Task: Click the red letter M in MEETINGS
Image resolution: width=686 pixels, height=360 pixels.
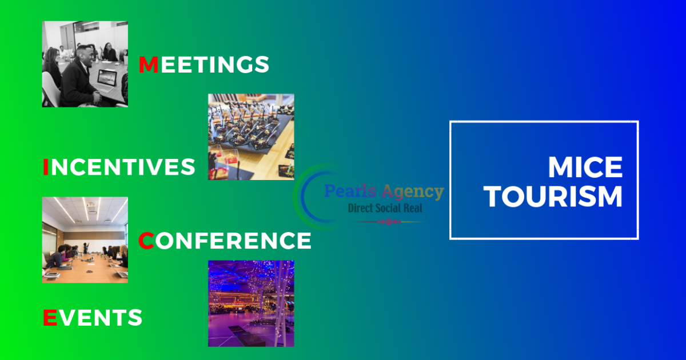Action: click(x=149, y=65)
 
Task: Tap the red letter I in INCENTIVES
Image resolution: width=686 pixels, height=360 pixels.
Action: click(x=46, y=167)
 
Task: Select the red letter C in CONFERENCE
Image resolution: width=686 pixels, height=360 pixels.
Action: click(x=146, y=241)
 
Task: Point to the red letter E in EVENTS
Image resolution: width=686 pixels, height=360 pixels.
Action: click(x=50, y=318)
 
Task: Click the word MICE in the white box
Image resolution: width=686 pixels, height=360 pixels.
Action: click(x=585, y=167)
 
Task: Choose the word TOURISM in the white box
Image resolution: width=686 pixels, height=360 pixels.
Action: click(x=553, y=197)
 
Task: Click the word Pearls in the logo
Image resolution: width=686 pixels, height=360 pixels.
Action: click(x=350, y=191)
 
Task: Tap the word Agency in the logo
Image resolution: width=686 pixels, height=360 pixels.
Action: click(x=413, y=192)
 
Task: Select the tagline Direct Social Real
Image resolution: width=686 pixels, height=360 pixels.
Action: click(x=385, y=208)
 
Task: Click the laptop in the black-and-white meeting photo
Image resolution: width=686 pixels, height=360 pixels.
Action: click(x=106, y=81)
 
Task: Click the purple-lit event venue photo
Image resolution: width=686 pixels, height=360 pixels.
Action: click(x=251, y=303)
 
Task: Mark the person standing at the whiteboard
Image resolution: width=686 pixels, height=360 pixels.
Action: click(x=85, y=248)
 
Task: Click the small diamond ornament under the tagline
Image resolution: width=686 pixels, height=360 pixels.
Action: click(x=389, y=222)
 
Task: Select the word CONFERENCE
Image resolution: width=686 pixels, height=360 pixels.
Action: click(x=225, y=241)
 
